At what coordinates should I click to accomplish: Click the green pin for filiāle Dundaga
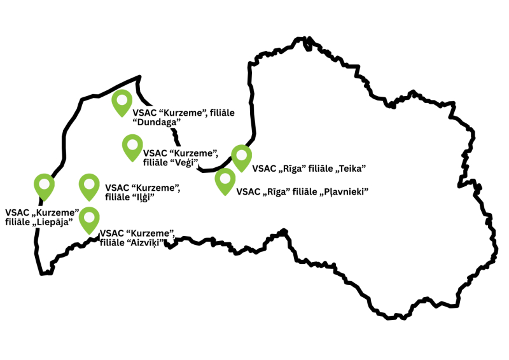point(122,102)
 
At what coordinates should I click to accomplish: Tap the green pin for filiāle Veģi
point(132,147)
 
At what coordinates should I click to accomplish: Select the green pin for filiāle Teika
point(241,156)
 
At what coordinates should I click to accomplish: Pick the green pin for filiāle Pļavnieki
point(225,180)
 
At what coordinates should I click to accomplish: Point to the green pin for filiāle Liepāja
point(44,187)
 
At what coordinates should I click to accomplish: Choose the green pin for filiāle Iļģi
point(89,187)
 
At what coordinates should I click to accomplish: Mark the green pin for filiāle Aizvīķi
point(89,219)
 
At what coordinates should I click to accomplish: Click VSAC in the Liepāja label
point(17,212)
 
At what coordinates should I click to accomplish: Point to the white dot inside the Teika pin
point(241,155)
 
